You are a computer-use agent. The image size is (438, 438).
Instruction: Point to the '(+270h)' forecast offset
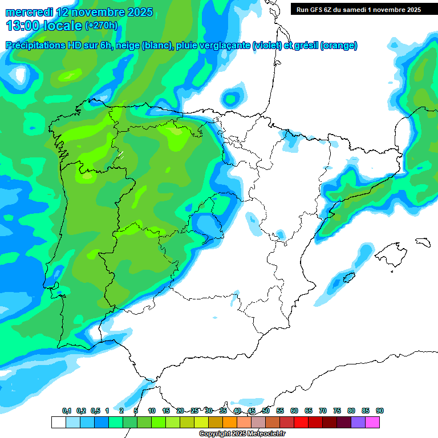point(101,26)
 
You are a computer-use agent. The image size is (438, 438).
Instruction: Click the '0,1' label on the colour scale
point(67,411)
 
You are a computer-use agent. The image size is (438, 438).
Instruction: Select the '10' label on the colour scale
point(152,411)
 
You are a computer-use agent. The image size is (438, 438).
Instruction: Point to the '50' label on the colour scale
point(266,411)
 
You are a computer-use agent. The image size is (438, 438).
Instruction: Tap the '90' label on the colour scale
point(380,411)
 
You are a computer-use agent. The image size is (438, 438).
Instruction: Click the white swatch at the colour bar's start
point(58,422)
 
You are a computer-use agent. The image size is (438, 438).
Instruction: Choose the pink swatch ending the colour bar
point(372,422)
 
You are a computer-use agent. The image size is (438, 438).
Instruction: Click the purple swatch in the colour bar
point(358,422)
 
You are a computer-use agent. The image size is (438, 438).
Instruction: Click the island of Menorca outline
point(423,241)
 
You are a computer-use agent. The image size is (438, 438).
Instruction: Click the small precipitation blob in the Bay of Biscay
point(232,96)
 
